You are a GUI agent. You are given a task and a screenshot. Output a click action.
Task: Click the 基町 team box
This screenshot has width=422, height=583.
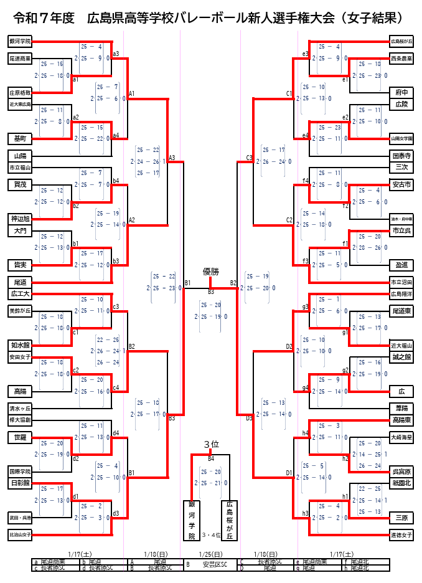20,138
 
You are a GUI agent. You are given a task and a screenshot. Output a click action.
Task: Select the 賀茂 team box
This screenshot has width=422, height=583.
20,184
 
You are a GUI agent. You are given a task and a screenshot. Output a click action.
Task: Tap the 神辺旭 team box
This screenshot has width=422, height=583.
20,219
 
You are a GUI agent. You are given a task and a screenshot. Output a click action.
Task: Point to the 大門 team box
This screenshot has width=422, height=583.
20,231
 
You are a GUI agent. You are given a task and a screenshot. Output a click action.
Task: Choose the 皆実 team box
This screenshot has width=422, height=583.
20,265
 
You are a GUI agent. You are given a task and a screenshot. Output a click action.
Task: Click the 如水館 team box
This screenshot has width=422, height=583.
20,344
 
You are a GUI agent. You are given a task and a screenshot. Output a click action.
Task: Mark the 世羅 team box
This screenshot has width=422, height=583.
20,437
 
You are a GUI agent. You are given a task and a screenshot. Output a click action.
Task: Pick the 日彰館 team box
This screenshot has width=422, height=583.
20,483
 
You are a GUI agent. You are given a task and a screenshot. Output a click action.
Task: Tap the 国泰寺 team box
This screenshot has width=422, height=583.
401,155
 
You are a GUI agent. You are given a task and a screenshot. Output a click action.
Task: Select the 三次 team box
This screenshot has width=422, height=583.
401,167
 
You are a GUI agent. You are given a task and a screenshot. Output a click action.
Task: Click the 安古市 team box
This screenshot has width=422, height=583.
401,184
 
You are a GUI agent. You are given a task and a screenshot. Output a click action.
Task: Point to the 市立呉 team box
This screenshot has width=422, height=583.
401,231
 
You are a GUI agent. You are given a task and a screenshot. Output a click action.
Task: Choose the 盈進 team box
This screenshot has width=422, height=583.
401,265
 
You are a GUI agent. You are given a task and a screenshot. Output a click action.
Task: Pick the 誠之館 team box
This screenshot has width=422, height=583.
401,357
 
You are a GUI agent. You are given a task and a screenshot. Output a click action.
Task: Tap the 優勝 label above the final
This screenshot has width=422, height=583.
211,272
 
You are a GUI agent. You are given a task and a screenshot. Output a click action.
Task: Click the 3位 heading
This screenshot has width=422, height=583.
211,444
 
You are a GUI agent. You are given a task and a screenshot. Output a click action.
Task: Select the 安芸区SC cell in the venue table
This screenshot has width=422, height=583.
215,565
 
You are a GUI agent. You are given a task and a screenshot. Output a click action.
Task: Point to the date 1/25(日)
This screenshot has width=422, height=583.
211,554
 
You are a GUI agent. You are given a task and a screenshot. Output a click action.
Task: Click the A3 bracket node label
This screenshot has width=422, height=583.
172,158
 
